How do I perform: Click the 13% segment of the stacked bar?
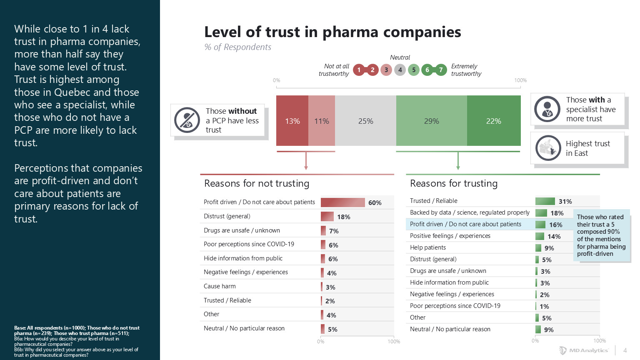coord(292,121)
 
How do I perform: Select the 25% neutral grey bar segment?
coord(365,121)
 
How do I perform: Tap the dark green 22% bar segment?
coord(494,121)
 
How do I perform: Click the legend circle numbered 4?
coord(400,70)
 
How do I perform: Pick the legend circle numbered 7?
coord(441,70)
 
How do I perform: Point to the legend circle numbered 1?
coord(359,70)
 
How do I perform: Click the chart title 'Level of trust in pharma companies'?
coord(332,32)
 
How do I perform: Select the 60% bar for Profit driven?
coord(342,202)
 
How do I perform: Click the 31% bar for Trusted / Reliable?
coord(545,201)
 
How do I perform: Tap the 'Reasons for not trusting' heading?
coord(257,183)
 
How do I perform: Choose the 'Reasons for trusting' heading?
coord(454,183)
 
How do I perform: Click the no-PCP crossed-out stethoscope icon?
coord(187,120)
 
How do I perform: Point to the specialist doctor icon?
coord(547,109)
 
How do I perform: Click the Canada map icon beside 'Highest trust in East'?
coord(548,148)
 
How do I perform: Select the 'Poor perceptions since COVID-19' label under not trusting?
coord(249,244)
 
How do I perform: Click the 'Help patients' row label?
coord(428,247)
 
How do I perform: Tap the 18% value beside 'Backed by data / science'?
coord(557,213)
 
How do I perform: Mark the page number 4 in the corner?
coord(625,350)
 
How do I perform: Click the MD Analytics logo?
coord(584,350)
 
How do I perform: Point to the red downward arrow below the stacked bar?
coord(306,161)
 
